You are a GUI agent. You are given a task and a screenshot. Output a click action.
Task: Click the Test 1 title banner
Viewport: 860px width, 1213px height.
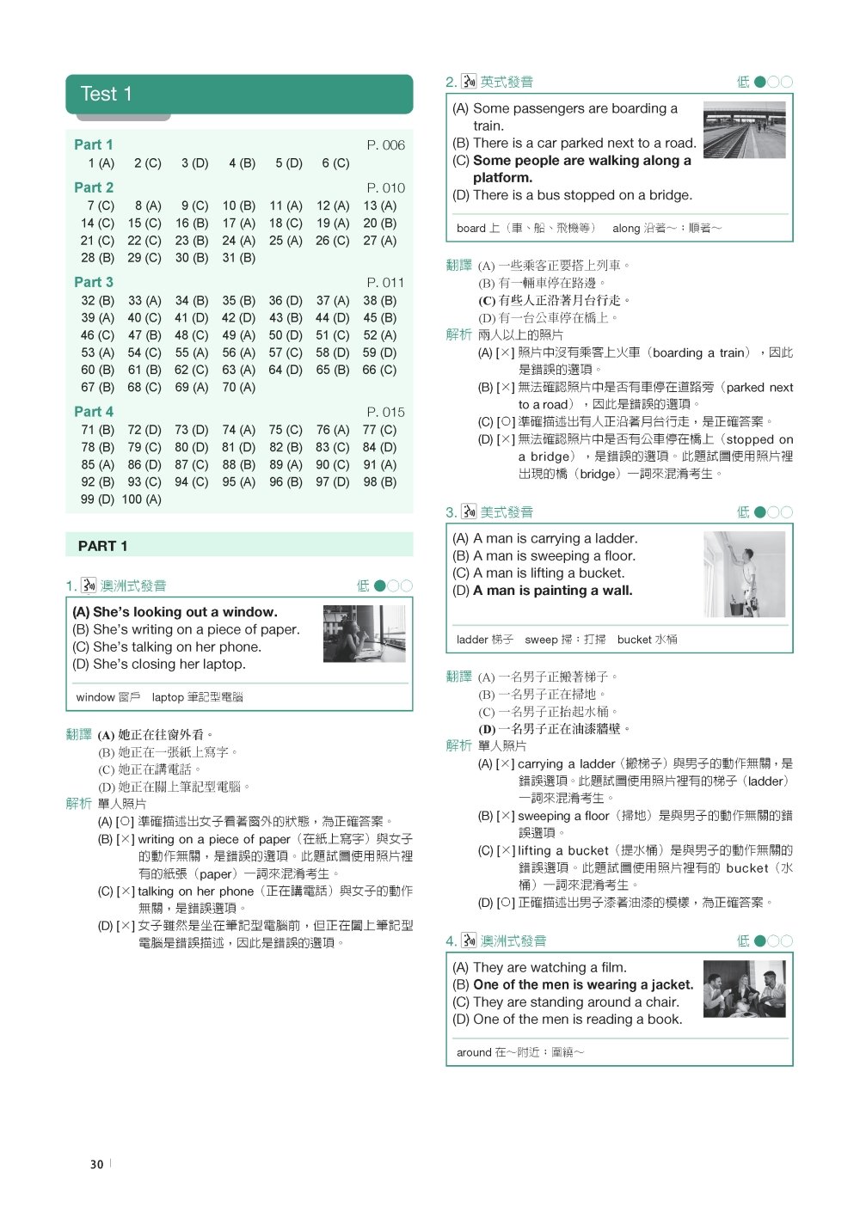point(239,95)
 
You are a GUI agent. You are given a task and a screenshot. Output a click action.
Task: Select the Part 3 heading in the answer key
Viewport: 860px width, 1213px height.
point(94,282)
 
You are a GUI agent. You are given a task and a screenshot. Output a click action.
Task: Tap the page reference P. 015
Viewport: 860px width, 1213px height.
point(385,412)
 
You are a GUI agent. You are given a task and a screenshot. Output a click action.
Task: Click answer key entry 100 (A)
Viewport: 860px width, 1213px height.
point(140,499)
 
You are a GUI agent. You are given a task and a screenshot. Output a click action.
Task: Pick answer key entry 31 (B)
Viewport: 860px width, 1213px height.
point(238,258)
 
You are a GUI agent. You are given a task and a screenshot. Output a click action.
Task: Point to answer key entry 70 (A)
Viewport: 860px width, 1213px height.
point(238,388)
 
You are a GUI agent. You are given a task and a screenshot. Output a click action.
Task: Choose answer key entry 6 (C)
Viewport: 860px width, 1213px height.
point(335,163)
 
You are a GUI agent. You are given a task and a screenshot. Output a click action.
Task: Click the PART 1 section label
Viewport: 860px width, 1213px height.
point(102,546)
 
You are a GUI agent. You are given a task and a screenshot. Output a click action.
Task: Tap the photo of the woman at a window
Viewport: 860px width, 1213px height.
point(364,634)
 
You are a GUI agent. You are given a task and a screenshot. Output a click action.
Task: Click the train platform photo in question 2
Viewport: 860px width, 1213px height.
point(744,130)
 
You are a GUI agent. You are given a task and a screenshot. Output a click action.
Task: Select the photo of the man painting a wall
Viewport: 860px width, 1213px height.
point(744,574)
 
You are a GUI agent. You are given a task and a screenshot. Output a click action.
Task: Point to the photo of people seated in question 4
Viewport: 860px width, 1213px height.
point(744,989)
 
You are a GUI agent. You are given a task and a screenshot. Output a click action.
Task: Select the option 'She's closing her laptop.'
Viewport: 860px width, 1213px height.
point(159,665)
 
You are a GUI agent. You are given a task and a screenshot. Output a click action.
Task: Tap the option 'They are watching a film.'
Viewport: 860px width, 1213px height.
point(539,967)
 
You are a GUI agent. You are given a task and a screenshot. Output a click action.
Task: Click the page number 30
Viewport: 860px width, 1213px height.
point(96,1165)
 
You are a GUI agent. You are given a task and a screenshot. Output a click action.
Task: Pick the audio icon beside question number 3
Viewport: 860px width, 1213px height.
point(469,512)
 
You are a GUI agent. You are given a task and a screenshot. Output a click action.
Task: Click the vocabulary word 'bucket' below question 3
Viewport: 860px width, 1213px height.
point(635,640)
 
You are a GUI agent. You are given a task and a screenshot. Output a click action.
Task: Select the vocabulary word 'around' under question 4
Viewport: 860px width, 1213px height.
point(474,1052)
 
